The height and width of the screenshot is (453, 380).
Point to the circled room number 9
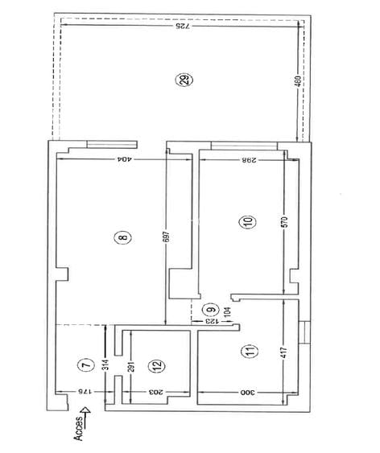[211, 308]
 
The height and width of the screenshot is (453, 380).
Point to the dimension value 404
[125, 159]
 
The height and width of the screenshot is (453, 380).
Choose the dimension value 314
[104, 364]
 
